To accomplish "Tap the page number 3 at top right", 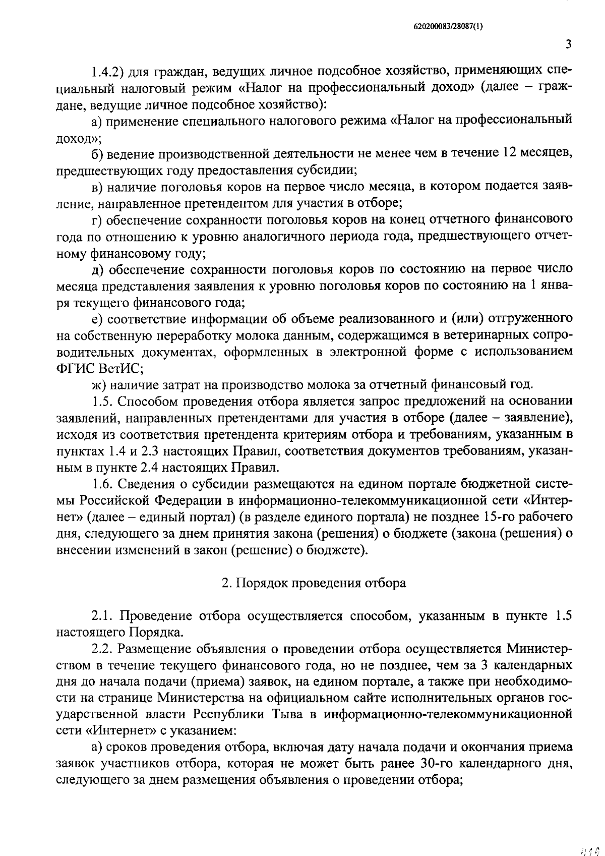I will click(x=568, y=45).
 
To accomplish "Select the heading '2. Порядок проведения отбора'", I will click(x=314, y=583).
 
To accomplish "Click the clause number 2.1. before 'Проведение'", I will click(x=103, y=616).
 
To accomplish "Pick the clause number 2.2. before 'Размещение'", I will click(x=103, y=649).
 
